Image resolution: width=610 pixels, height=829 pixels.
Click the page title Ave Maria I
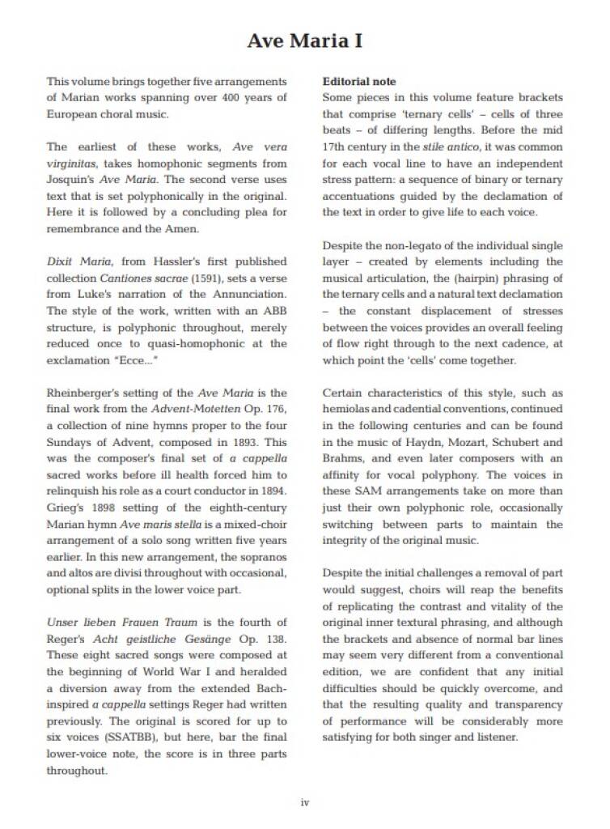(304, 40)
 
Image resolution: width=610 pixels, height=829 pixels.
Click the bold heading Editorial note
(359, 82)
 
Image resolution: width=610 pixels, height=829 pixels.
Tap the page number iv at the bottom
(305, 802)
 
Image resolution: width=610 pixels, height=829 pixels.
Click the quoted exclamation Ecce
(133, 359)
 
